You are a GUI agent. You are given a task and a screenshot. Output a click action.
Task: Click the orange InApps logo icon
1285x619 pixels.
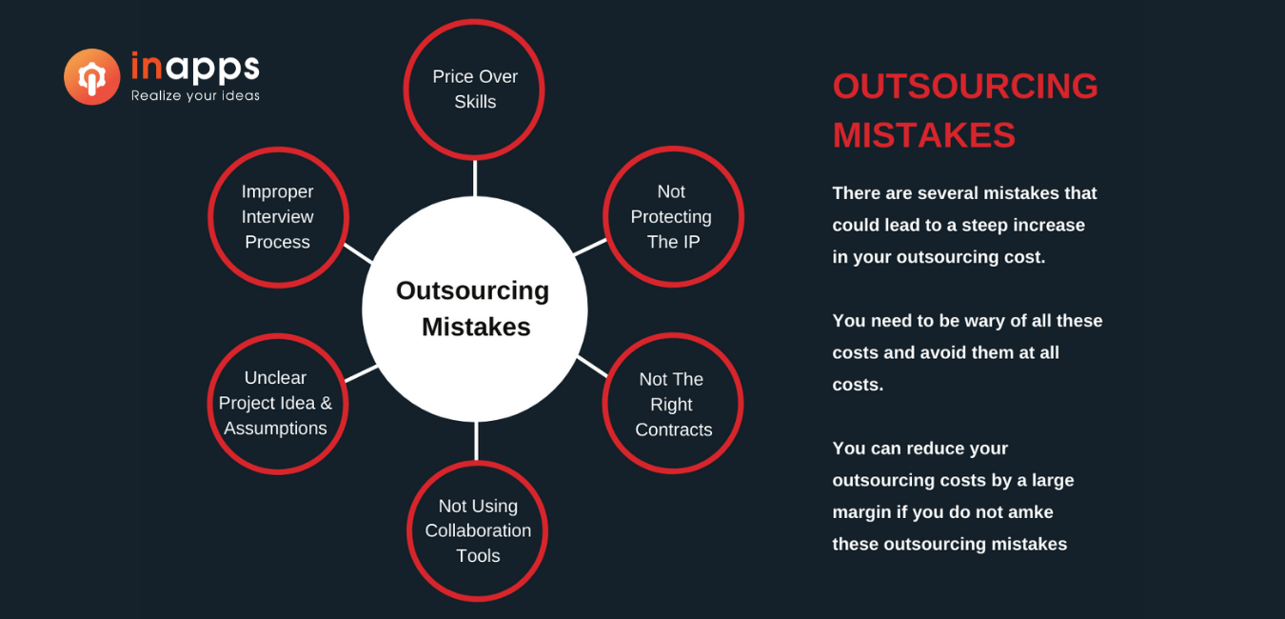click(91, 77)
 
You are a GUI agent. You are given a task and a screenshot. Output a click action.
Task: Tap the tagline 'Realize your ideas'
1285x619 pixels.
click(195, 96)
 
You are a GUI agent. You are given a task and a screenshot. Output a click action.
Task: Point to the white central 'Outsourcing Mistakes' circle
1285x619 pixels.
click(475, 309)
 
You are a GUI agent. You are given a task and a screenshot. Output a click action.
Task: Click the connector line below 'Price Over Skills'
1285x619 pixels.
click(475, 178)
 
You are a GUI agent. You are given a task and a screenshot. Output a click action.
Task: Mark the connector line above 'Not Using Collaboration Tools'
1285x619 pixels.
click(476, 441)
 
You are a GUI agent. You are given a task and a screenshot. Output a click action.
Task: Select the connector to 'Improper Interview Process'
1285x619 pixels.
click(359, 253)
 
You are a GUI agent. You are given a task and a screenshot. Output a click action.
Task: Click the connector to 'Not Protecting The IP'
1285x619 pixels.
click(590, 248)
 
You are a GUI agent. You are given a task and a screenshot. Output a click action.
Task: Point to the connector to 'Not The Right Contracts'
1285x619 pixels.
click(592, 367)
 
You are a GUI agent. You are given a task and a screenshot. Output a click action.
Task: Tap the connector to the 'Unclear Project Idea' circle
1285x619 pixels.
click(362, 373)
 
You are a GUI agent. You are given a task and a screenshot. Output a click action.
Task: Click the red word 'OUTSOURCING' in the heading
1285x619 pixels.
click(965, 86)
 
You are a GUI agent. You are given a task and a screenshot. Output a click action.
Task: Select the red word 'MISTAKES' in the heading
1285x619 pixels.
click(923, 135)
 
